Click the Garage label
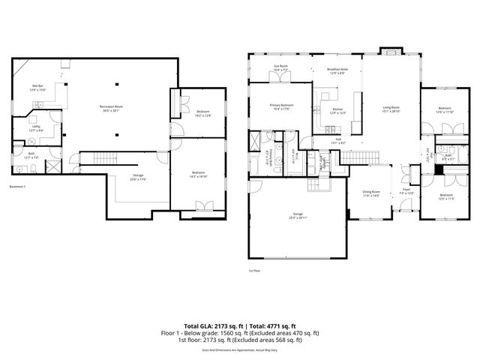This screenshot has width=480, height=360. (298, 215)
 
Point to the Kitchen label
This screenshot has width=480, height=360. (338, 110)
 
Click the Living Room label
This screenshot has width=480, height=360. (391, 109)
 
